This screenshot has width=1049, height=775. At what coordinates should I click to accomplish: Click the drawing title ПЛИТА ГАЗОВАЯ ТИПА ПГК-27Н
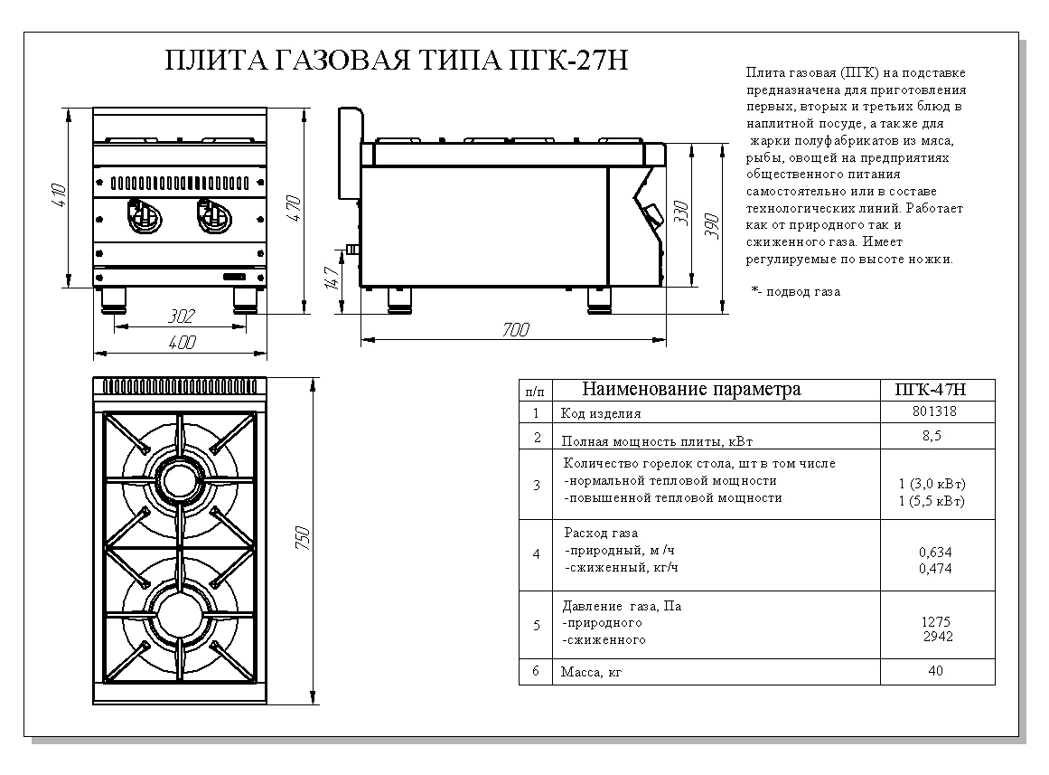click(x=397, y=61)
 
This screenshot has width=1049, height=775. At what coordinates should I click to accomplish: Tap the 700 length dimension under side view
click(x=515, y=330)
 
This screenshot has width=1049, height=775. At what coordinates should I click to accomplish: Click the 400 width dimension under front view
click(x=183, y=343)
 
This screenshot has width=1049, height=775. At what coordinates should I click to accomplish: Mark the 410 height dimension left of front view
click(x=59, y=198)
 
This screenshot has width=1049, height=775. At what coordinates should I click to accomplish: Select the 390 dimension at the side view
click(x=713, y=224)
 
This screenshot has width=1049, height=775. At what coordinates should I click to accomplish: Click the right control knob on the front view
click(x=213, y=214)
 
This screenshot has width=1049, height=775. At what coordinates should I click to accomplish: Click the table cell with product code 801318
click(x=935, y=411)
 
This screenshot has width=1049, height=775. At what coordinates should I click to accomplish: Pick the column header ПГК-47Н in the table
click(x=935, y=390)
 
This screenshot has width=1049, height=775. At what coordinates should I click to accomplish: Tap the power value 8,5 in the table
click(x=935, y=436)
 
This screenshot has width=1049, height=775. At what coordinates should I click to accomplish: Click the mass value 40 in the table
click(x=935, y=670)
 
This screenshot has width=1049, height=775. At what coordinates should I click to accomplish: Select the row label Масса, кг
click(x=592, y=672)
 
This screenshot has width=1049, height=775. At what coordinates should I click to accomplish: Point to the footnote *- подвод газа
click(x=795, y=292)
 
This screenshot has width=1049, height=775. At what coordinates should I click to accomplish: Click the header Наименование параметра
click(x=691, y=390)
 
